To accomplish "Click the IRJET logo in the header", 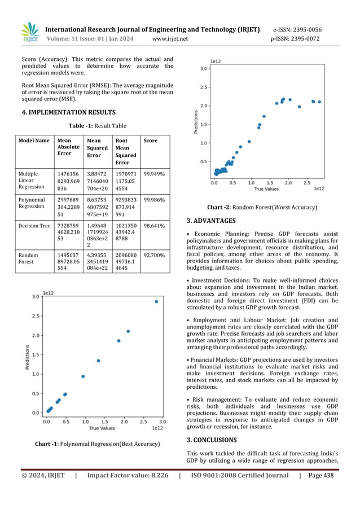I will pos(29,33).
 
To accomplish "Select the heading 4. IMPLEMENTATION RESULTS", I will pos(68,112).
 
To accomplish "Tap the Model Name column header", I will pos(33,141).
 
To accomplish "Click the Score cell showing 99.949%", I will pos(154,174).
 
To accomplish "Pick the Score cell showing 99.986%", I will pos(154,200).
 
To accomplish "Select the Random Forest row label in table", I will pos(29,258).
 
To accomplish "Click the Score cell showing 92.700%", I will pos(154,255).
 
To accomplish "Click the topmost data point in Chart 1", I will pos(156,301).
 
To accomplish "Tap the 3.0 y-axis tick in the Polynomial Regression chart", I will pos(35,296).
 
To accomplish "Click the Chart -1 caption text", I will pos(97,444).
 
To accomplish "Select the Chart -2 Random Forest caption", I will pos(262,207).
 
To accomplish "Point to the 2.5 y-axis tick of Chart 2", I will pos(204,87).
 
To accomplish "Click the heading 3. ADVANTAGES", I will pos(211,221).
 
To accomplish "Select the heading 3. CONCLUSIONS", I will pos(212,440).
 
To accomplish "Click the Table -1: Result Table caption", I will pos(97,126).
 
